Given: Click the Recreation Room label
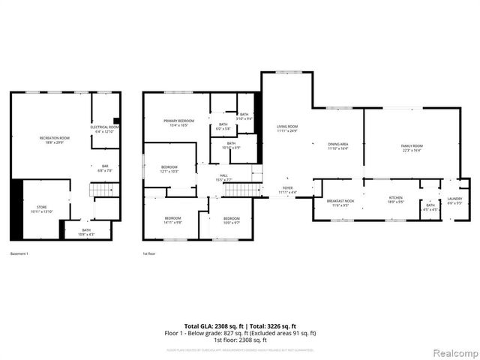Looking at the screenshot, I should click(55, 139).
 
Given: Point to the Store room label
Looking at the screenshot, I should click(41, 209).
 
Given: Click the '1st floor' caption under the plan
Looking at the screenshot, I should click(150, 253).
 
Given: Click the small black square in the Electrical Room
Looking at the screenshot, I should click(116, 121).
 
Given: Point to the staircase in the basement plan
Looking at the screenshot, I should click(100, 193).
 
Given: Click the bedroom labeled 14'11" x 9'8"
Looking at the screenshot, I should click(172, 220).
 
